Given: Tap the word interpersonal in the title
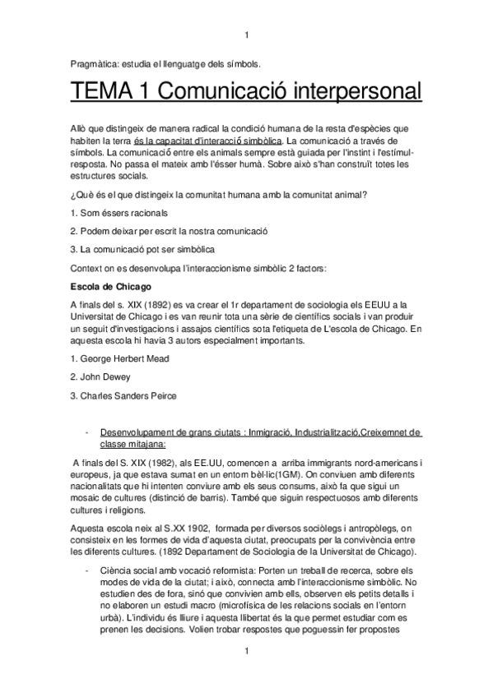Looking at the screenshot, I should [345, 93].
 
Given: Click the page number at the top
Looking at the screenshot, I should [247, 34].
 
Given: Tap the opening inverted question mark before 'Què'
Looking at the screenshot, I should [74, 194].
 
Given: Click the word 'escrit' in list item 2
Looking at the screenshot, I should [168, 231].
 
